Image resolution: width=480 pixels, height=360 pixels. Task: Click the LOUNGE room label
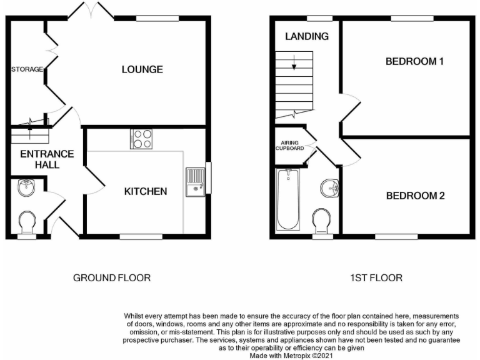142,69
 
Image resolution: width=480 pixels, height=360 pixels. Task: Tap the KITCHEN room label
144,191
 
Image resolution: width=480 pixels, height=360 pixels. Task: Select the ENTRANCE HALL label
47,159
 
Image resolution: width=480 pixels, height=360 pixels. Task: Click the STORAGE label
27,69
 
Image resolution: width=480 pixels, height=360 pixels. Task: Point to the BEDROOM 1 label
414,61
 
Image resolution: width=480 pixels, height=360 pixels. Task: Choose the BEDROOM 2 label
415,196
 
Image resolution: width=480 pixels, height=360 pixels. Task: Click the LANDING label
307,36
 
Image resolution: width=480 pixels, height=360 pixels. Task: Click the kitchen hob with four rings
141,139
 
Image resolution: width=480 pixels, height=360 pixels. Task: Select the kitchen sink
196,181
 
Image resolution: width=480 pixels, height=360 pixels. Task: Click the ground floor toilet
27,222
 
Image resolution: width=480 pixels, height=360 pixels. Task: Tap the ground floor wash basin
27,186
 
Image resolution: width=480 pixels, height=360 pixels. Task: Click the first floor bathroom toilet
322,221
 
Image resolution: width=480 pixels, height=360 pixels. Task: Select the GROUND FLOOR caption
112,277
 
